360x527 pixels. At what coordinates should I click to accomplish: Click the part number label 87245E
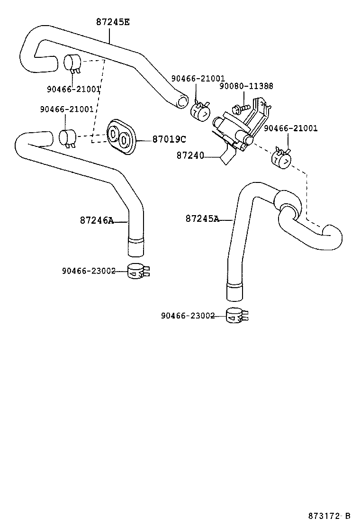pyautogui.click(x=113, y=21)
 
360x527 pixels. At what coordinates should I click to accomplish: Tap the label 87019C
pyautogui.click(x=169, y=139)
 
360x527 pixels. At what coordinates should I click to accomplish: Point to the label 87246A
pyautogui.click(x=97, y=220)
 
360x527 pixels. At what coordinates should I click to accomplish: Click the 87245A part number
pyautogui.click(x=202, y=219)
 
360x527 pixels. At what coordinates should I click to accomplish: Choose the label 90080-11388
pyautogui.click(x=246, y=86)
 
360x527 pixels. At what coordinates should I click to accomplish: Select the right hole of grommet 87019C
pyautogui.click(x=124, y=140)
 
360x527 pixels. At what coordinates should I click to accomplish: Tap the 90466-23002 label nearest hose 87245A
pyautogui.click(x=188, y=316)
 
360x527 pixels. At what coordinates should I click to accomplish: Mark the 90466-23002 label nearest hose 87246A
pyautogui.click(x=88, y=271)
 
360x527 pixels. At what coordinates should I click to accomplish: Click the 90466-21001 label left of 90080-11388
pyautogui.click(x=198, y=79)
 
